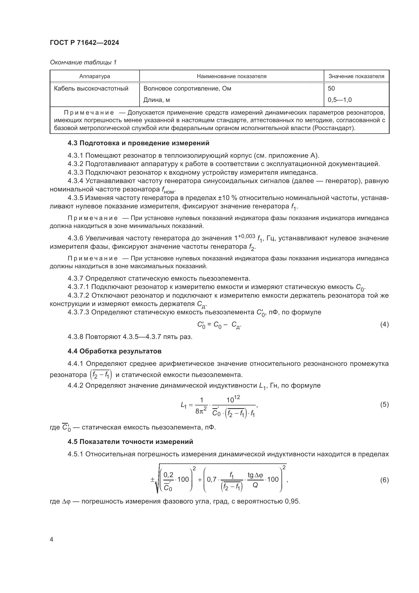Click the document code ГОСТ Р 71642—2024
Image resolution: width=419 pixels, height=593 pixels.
(x=84, y=43)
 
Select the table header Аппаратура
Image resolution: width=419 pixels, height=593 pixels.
(x=94, y=76)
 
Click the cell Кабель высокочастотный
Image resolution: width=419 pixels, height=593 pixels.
(x=91, y=88)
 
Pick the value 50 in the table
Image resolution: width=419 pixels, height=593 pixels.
(x=331, y=88)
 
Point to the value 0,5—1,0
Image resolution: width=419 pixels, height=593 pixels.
(x=339, y=100)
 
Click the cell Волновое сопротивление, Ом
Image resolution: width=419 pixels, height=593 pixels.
(x=187, y=88)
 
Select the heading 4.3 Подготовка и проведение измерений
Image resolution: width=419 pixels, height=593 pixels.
(x=138, y=143)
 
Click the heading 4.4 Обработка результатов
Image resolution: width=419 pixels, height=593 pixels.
(x=115, y=351)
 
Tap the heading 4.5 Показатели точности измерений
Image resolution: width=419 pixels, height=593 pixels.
(x=130, y=442)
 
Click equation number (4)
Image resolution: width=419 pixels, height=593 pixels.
(x=384, y=325)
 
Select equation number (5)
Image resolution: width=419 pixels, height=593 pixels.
(x=384, y=404)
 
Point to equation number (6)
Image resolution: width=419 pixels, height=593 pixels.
(x=384, y=480)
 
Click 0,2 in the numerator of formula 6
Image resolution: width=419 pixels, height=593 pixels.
(x=168, y=475)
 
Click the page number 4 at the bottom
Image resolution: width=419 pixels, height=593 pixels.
(x=51, y=540)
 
